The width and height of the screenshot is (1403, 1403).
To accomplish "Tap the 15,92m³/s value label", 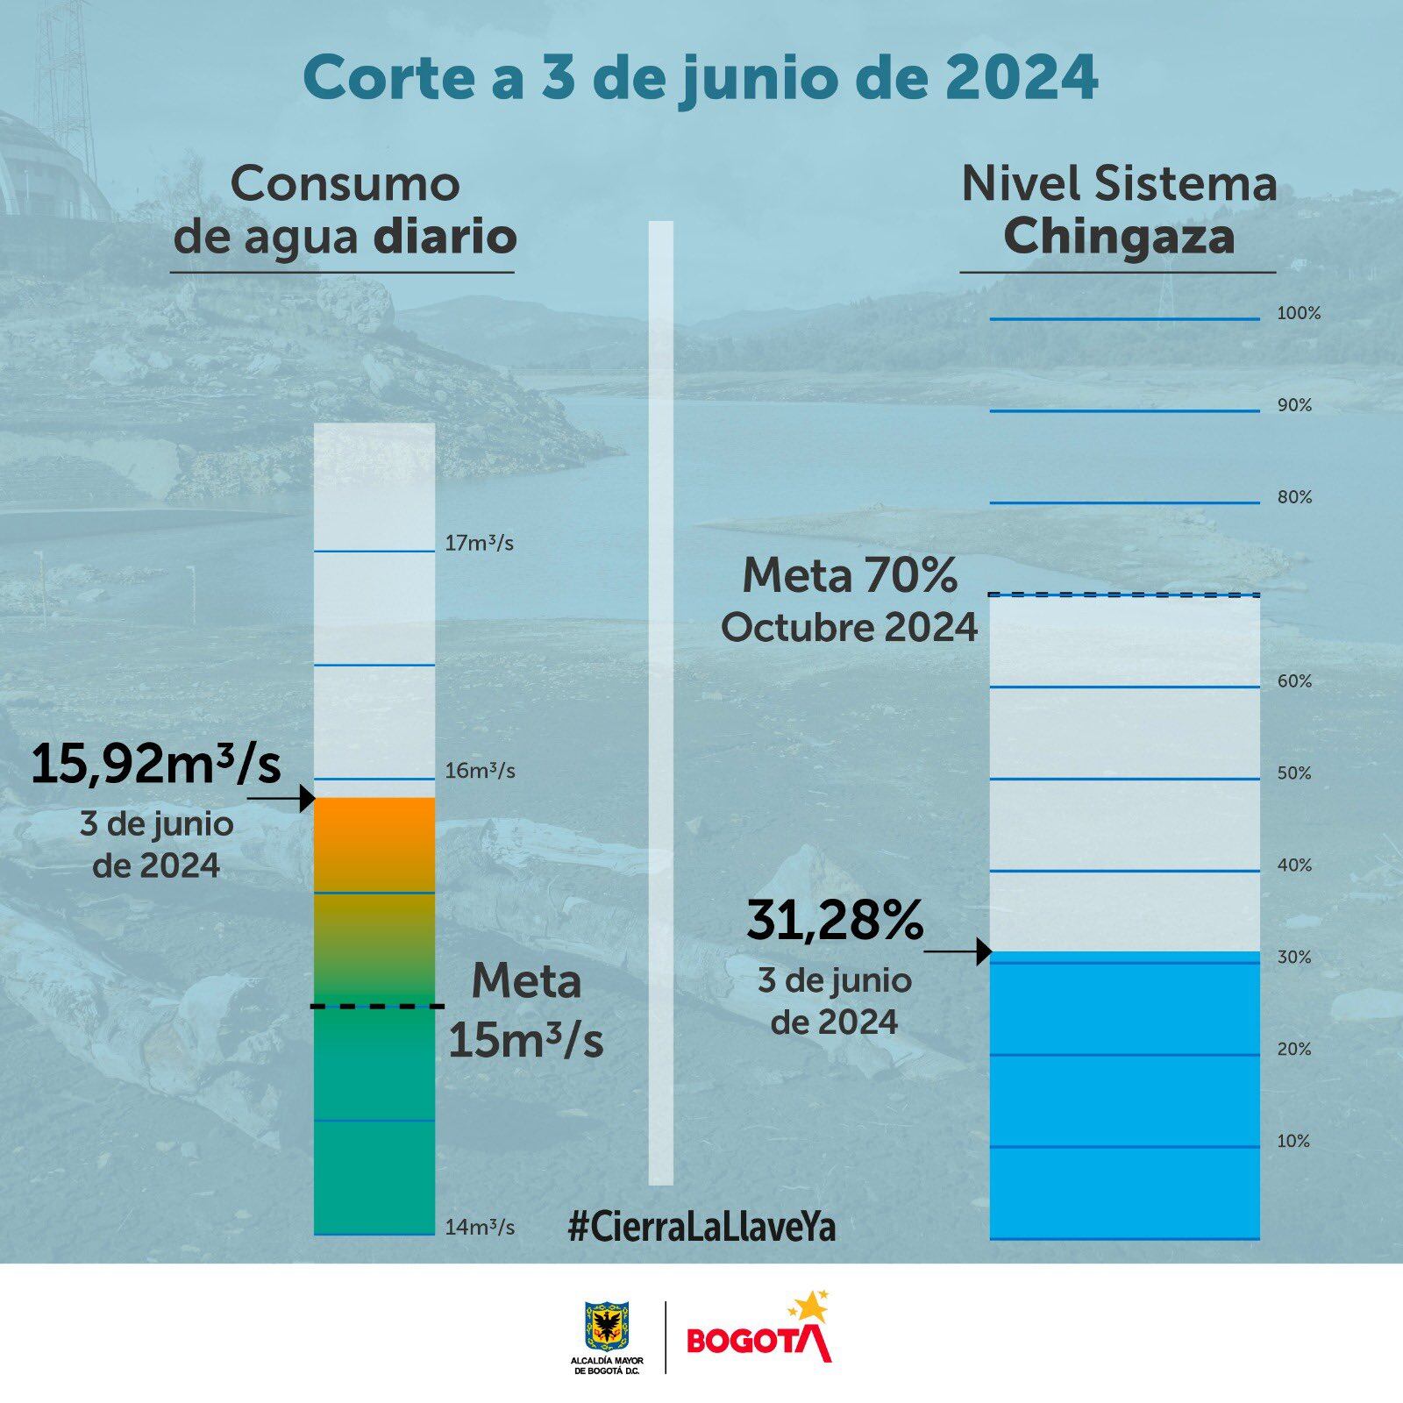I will pyautogui.click(x=156, y=764).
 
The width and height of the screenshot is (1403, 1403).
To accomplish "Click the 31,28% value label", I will pyautogui.click(x=835, y=921).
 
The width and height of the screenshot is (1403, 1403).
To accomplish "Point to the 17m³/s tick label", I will pyautogui.click(x=479, y=543).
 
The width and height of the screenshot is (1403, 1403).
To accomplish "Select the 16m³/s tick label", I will pyautogui.click(x=480, y=771).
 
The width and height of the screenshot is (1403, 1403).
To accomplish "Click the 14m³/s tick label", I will pyautogui.click(x=479, y=1227).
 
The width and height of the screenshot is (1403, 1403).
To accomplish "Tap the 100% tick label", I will pyautogui.click(x=1298, y=313).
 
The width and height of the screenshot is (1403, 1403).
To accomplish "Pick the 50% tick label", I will pyautogui.click(x=1294, y=773).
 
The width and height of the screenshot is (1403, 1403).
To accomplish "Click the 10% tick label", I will pyautogui.click(x=1293, y=1141).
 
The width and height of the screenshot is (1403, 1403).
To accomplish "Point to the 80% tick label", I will pyautogui.click(x=1294, y=497).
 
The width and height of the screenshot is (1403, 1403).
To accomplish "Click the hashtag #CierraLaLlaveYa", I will pyautogui.click(x=701, y=1227).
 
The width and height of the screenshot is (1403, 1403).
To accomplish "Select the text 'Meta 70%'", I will pyautogui.click(x=849, y=576).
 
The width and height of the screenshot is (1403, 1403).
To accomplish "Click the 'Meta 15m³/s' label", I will pyautogui.click(x=526, y=1011).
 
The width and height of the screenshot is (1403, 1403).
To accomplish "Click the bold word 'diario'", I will pyautogui.click(x=445, y=238).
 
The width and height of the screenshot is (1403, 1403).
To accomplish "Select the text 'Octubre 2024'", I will pyautogui.click(x=849, y=628).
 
